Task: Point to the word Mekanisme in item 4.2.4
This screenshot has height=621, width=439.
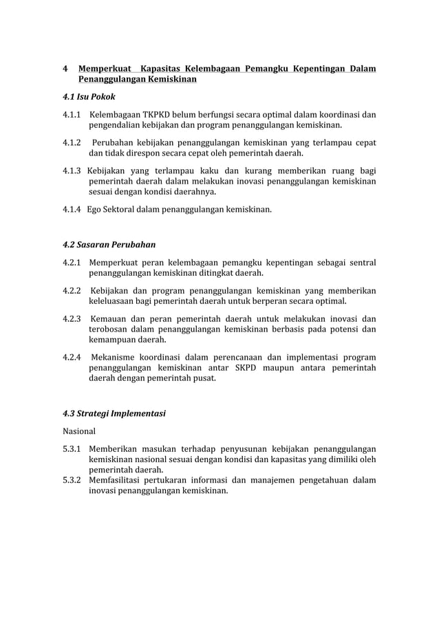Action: tap(115, 358)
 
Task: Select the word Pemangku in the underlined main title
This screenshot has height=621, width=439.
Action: tap(264, 69)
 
